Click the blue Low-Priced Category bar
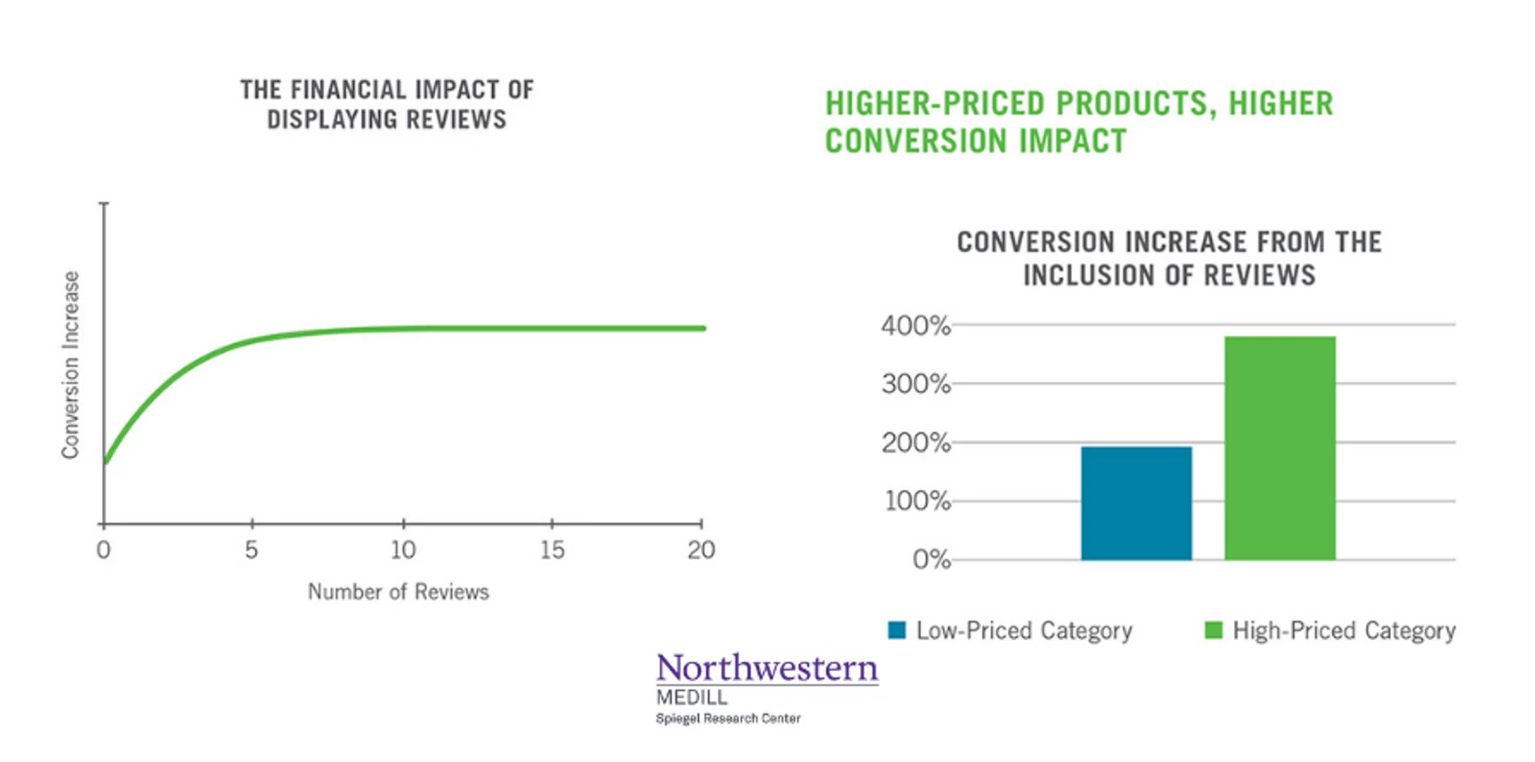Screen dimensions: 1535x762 pos(1136,503)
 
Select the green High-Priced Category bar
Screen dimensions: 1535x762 pos(1280,448)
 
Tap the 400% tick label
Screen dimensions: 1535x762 pos(916,326)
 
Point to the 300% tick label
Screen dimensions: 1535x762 pos(916,384)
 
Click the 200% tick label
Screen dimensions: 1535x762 pos(916,443)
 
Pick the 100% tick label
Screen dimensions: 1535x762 pos(918,501)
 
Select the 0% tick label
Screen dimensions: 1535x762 pos(931,560)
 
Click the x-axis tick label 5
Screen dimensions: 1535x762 pos(252,550)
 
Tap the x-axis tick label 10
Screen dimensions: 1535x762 pos(403,550)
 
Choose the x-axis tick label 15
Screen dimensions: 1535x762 pos(553,550)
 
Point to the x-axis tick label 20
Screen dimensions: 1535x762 pos(701,550)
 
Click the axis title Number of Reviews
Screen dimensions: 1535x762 pos(398,592)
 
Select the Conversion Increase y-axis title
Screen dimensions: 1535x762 pos(71,365)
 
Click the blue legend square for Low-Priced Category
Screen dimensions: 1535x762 pos(896,630)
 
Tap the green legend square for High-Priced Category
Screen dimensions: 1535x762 pos(1214,630)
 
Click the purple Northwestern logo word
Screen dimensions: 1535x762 pos(767,668)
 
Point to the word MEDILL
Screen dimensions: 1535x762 pos(692,697)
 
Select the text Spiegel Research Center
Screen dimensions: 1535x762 pos(728,719)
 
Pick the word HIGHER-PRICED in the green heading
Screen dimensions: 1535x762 pos(935,104)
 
